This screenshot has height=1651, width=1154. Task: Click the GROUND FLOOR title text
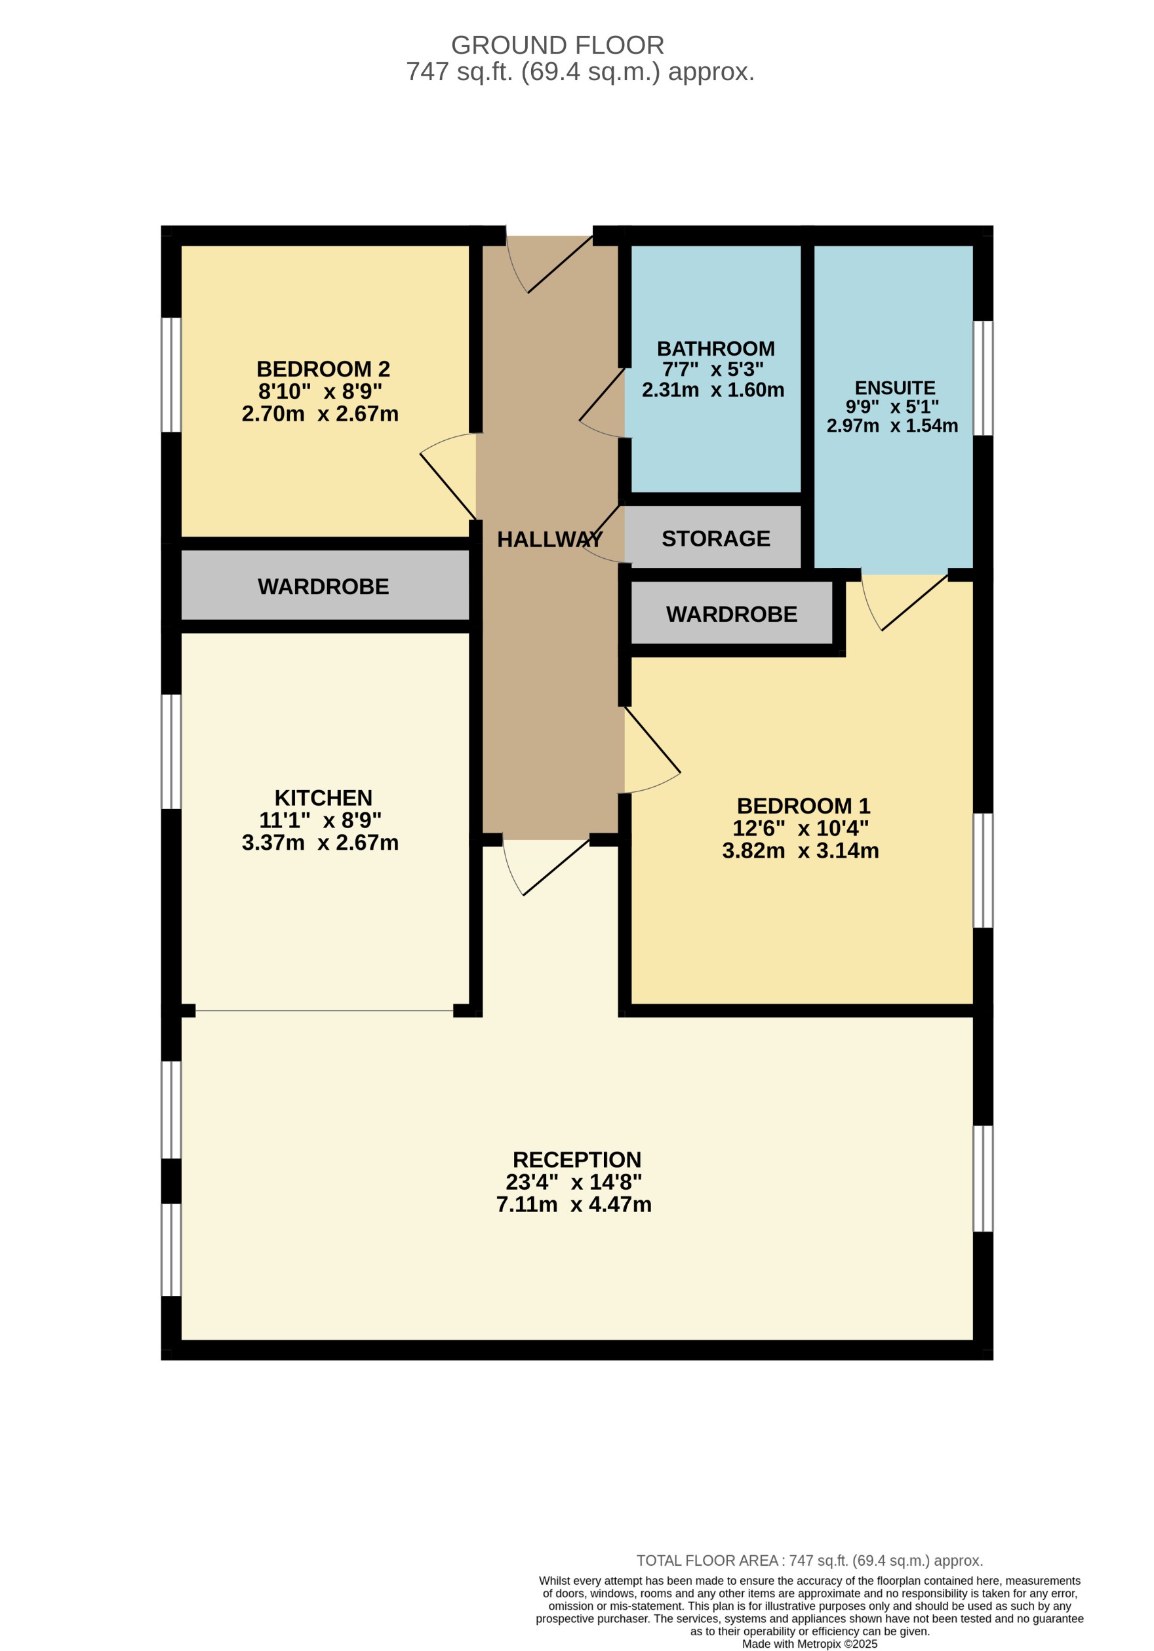click(557, 45)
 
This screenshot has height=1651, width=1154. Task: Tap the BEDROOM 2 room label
click(323, 369)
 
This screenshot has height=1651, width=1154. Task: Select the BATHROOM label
click(715, 349)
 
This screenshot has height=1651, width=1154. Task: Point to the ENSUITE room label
click(894, 388)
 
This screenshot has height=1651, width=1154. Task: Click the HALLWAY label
click(549, 539)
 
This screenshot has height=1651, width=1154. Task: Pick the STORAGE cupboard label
click(715, 539)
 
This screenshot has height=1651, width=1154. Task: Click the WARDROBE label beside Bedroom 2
click(323, 587)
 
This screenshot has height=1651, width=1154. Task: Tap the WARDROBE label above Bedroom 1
click(731, 614)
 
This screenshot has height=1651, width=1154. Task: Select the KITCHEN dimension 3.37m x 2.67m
click(320, 843)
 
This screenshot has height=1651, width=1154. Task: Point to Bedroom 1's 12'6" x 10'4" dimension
click(800, 828)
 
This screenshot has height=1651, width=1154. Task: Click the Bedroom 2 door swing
click(447, 478)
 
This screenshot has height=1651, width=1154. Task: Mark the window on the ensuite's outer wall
click(983, 377)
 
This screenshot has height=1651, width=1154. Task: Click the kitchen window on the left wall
click(170, 751)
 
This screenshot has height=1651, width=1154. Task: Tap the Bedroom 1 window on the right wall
click(983, 870)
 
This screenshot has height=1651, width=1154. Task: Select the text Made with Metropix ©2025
click(808, 1644)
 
